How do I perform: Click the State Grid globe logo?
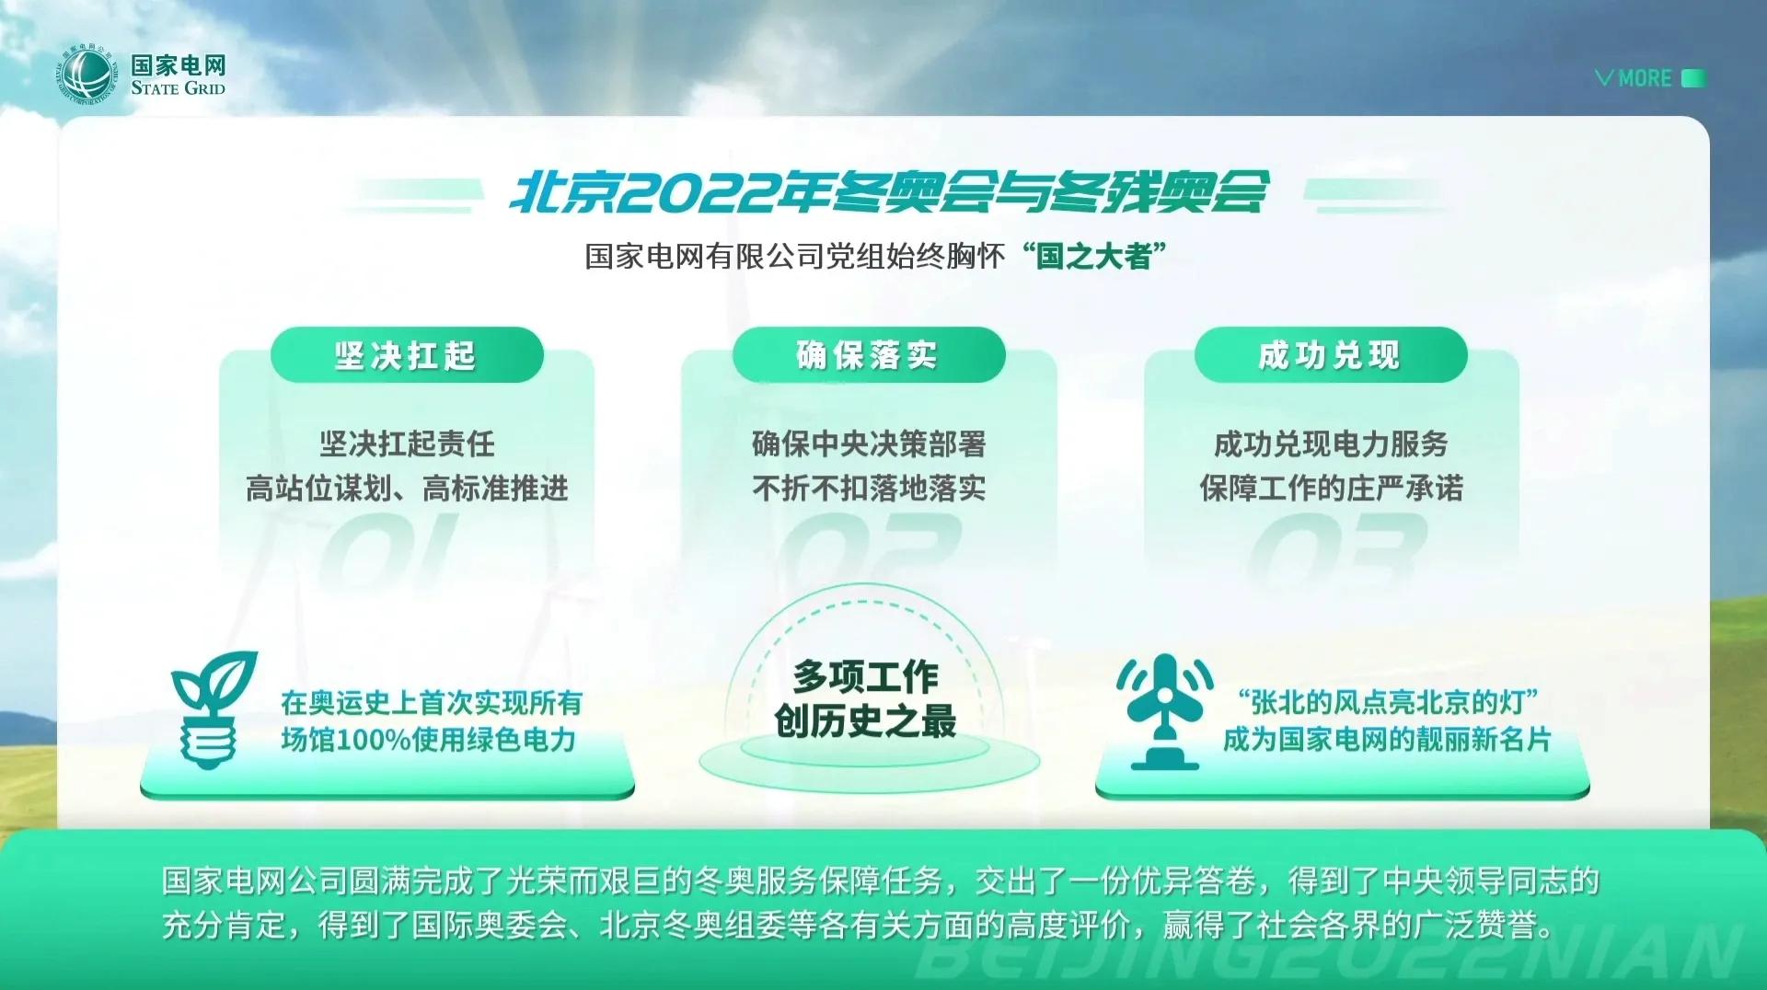(88, 75)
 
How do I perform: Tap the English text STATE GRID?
(178, 88)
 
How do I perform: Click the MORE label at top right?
(1645, 78)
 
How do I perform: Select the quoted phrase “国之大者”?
(1094, 256)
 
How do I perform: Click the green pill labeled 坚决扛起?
(407, 355)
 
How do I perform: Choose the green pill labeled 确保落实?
(869, 355)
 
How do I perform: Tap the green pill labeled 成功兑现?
(1331, 355)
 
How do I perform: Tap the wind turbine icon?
(1165, 710)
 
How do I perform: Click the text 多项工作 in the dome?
(866, 677)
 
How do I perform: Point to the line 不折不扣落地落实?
(869, 488)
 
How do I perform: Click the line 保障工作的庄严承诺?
(1331, 488)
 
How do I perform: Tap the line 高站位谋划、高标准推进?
(407, 488)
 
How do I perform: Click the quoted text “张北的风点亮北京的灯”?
(1388, 702)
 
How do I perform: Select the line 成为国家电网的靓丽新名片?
(1388, 739)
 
